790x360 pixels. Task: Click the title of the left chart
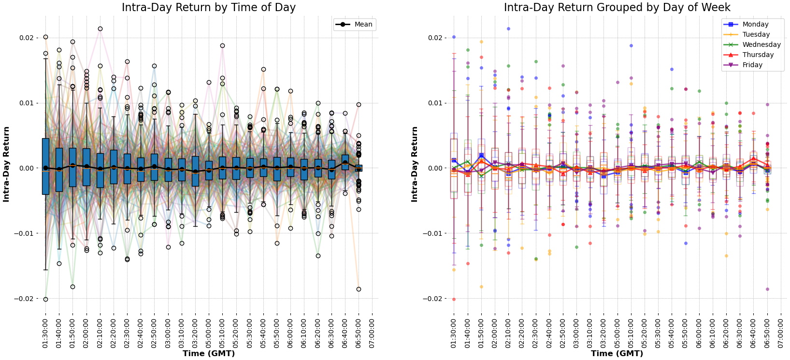click(x=208, y=7)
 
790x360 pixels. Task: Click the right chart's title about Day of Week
click(x=617, y=7)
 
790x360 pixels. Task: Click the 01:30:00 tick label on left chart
click(x=45, y=332)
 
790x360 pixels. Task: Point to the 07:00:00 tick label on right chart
click(x=781, y=332)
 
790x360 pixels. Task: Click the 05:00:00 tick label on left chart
click(x=209, y=332)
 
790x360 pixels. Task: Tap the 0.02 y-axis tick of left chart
click(x=25, y=38)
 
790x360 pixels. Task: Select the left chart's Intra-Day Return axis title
click(x=6, y=164)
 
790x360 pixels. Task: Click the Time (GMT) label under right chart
click(x=617, y=354)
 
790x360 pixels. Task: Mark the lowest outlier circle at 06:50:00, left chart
click(x=359, y=289)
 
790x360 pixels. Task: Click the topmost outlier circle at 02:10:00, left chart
click(x=100, y=29)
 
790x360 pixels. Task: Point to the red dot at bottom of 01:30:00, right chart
click(x=454, y=299)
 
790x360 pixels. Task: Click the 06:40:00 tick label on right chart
click(x=754, y=332)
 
